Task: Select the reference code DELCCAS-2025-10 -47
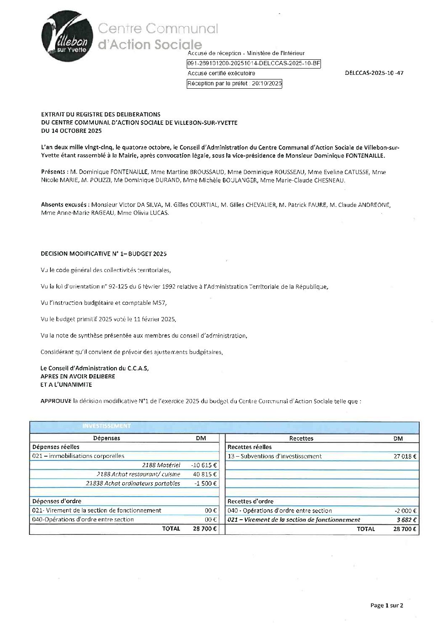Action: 373,73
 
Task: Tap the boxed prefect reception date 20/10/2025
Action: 234,84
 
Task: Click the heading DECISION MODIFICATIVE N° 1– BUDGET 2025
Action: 103,254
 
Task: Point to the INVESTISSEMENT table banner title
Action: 106,426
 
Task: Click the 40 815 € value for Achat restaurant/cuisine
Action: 205,474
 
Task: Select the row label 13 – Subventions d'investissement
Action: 274,456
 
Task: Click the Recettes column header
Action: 301,438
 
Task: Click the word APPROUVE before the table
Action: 56,401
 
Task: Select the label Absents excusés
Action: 65,205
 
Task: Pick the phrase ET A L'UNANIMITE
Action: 66,384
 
